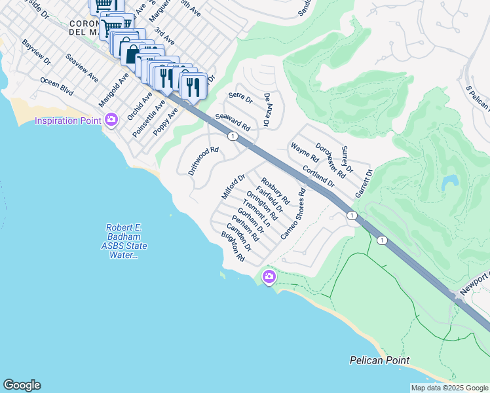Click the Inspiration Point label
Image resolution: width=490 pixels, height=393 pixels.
[67, 121]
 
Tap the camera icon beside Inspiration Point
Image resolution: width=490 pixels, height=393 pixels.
[111, 120]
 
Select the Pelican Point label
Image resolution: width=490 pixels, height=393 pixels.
[379, 361]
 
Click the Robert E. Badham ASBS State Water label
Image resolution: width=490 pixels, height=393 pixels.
[124, 241]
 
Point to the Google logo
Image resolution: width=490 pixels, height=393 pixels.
[22, 385]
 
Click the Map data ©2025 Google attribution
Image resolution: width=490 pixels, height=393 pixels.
[449, 388]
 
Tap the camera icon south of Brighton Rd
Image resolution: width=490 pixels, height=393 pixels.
[269, 278]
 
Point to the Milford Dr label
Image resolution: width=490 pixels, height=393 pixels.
[233, 187]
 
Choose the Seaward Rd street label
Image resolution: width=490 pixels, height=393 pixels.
[233, 121]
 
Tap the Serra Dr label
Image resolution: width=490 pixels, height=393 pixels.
[240, 98]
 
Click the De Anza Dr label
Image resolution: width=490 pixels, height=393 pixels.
[267, 109]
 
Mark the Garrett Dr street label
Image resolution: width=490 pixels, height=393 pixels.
[363, 184]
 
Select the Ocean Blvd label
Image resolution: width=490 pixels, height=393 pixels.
[57, 86]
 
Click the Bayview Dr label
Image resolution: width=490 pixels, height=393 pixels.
[36, 52]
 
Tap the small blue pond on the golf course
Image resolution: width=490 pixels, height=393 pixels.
[449, 181]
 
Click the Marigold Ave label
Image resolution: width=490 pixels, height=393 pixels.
[113, 90]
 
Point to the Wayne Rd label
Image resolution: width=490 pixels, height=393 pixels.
[305, 153]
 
